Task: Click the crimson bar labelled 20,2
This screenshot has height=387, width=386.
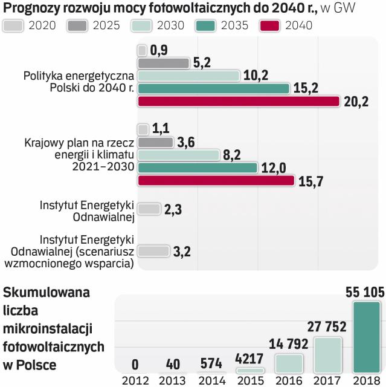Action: (239, 101)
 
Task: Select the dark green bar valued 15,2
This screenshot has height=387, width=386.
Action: (214, 88)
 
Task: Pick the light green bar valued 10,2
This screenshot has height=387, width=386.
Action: (188, 76)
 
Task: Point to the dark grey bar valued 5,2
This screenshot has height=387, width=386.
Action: (164, 63)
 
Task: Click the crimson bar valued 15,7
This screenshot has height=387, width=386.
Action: (216, 180)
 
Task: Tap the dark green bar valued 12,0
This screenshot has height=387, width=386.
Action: (198, 167)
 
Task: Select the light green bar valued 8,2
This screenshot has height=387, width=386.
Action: (179, 155)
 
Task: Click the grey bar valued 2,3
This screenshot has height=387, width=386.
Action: (149, 209)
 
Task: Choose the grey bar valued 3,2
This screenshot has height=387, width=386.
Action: (153, 251)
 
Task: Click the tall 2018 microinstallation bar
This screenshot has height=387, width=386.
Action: (367, 336)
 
